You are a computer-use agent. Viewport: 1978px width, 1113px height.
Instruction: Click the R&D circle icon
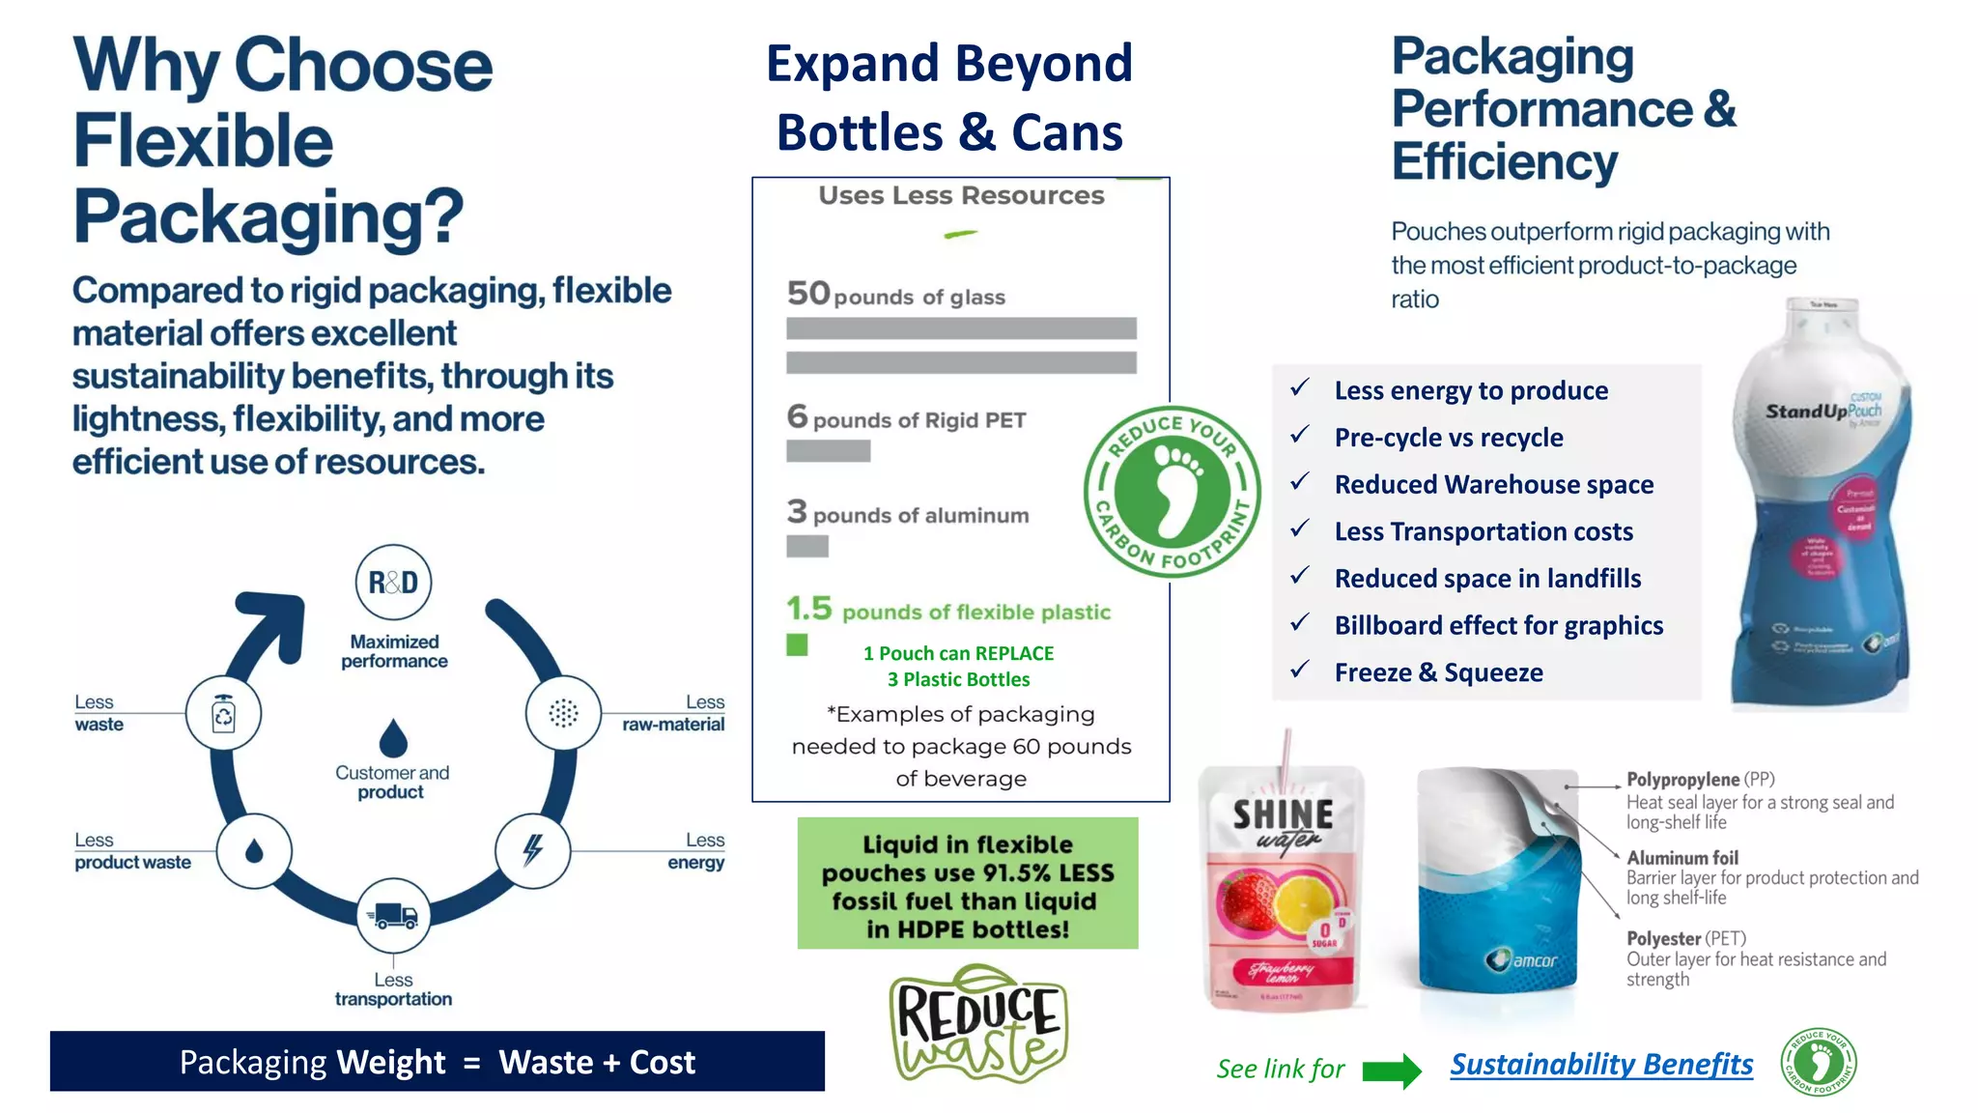[x=393, y=583]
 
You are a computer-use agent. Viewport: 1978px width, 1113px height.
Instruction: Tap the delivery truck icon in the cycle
[x=393, y=915]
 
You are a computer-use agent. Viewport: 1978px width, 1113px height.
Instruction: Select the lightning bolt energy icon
[x=532, y=850]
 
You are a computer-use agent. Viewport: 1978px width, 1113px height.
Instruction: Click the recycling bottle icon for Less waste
[x=223, y=715]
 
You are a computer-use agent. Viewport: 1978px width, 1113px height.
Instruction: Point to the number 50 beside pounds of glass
[x=808, y=293]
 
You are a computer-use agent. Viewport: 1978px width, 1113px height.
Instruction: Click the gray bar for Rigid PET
[x=828, y=451]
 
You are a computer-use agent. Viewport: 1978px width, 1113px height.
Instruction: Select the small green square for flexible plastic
[x=797, y=645]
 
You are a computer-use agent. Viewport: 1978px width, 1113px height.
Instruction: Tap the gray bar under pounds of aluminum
[x=807, y=547]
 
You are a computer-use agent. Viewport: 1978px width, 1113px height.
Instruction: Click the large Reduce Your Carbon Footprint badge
[x=1172, y=491]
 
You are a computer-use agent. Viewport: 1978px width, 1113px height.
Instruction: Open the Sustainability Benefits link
[x=1601, y=1065]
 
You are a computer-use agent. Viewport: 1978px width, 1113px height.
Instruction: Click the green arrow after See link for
[x=1392, y=1070]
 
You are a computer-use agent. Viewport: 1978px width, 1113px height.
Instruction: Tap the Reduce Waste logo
[x=977, y=1024]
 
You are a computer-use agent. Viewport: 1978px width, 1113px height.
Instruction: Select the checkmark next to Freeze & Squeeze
[x=1300, y=669]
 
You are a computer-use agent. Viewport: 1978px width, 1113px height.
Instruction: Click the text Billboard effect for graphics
[x=1498, y=626]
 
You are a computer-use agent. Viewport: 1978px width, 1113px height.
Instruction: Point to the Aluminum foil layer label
[x=1681, y=858]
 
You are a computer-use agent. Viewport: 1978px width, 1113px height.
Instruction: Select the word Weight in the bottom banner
[x=391, y=1063]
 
